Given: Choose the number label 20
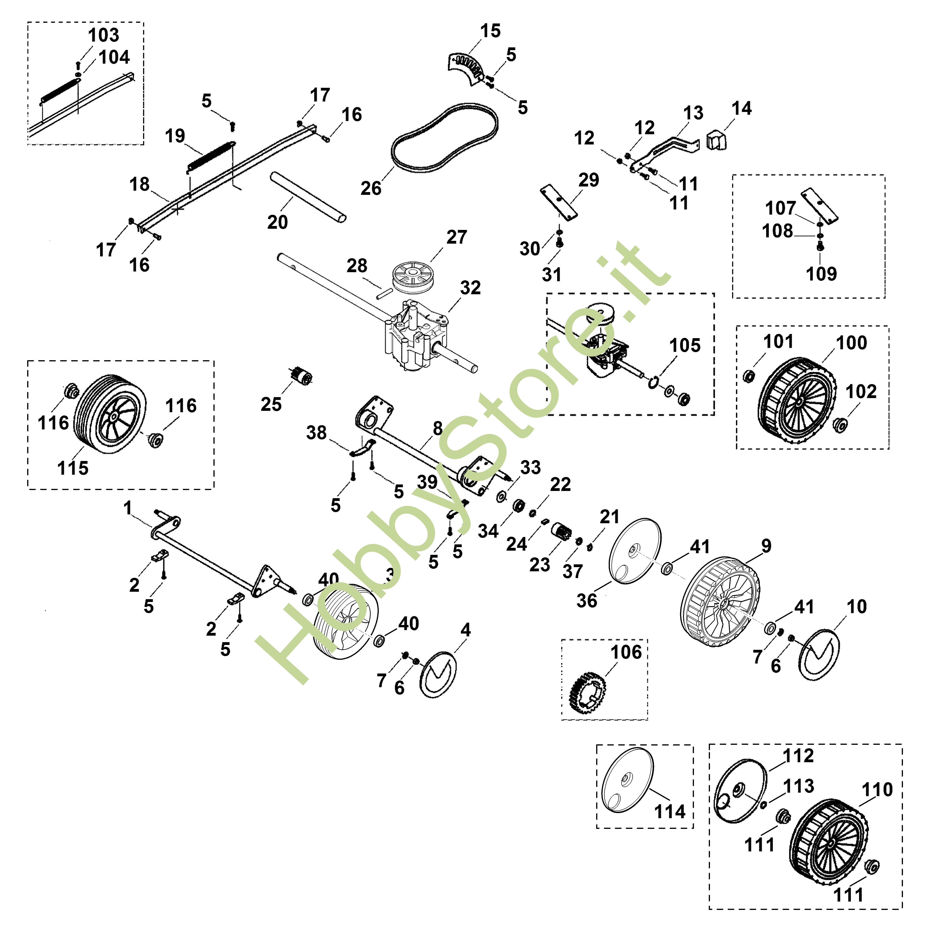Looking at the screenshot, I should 277,222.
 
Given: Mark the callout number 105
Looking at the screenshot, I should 685,346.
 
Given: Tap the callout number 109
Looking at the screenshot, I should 821,274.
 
